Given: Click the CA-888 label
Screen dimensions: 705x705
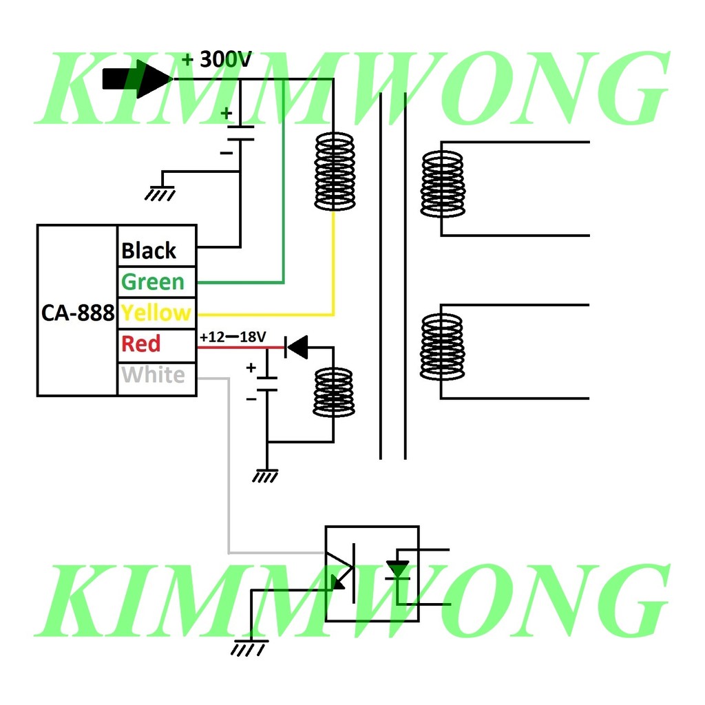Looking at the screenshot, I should click(77, 313).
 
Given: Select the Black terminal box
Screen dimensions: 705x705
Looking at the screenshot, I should click(157, 250).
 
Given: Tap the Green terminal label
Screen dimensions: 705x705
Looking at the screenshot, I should click(153, 282).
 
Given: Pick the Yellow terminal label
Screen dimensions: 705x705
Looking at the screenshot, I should click(156, 313).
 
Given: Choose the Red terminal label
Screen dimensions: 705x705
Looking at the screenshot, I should click(140, 344).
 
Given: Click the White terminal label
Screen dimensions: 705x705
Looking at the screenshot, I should click(153, 375).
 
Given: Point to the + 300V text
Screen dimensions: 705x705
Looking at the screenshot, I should click(217, 60).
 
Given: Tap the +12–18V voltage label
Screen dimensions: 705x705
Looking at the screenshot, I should click(233, 338).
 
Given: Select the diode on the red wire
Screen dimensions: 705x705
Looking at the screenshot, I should click(297, 348).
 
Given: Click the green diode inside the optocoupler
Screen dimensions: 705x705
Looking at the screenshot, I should click(397, 570).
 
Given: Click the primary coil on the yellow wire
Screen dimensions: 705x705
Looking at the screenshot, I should click(334, 172).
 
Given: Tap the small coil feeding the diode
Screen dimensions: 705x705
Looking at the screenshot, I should click(334, 392).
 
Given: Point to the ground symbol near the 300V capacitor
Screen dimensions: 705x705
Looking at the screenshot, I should click(160, 193).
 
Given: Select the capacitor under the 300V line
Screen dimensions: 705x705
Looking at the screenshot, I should click(240, 133).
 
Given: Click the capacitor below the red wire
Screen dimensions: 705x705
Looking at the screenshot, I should click(267, 383).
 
